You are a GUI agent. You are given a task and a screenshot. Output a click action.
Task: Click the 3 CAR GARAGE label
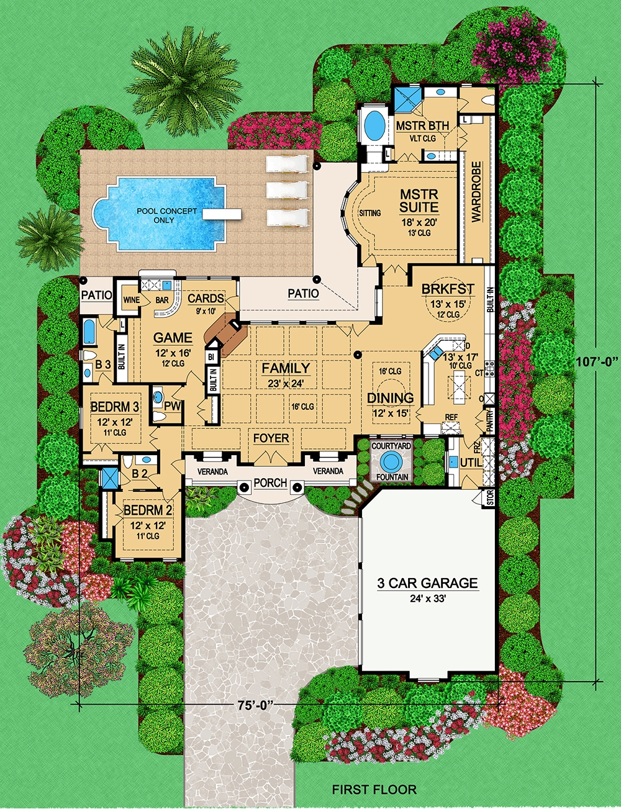pos(428,583)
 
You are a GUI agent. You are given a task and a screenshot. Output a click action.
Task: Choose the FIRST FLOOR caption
pos(374,790)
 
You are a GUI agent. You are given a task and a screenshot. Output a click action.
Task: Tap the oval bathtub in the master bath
pos(374,125)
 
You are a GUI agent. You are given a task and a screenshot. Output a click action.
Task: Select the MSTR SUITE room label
pos(419,201)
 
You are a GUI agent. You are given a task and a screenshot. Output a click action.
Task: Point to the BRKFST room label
pos(448,289)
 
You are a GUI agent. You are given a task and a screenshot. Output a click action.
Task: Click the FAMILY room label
pos(286,368)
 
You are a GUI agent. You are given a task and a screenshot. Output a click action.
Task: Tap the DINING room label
pos(390,398)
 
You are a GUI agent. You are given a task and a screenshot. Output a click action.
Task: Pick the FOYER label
pos(271,438)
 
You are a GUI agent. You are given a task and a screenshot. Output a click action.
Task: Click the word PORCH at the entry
pos(271,482)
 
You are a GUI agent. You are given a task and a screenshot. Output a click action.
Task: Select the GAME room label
pos(173,338)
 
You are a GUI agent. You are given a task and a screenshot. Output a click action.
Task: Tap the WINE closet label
pos(132,300)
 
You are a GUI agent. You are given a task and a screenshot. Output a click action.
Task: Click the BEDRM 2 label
pos(148,511)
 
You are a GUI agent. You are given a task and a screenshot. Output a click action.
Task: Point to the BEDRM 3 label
pos(115,407)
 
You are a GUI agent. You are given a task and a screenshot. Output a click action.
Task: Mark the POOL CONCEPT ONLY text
pos(167,215)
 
